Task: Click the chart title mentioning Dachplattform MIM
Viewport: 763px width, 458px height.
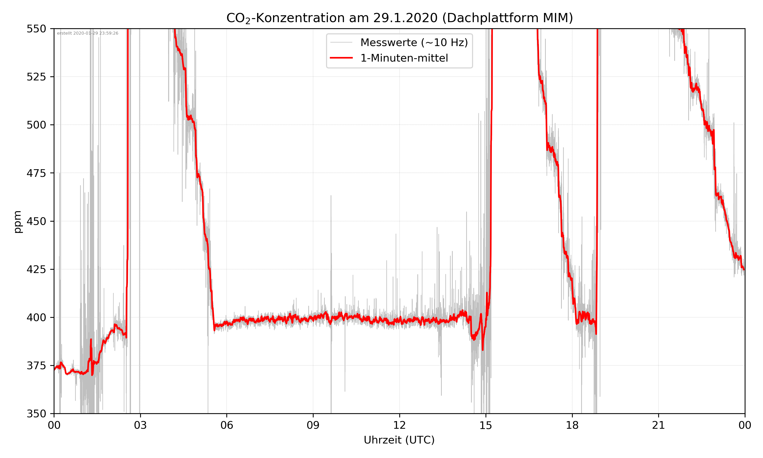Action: [x=399, y=18]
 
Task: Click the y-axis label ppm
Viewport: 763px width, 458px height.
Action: [x=18, y=222]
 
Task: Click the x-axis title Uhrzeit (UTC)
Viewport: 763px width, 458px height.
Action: [x=399, y=440]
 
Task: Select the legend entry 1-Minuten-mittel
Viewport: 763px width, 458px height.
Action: [x=404, y=58]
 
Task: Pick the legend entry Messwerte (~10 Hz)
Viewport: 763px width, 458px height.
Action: [x=414, y=42]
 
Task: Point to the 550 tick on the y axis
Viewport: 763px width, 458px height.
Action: [x=36, y=29]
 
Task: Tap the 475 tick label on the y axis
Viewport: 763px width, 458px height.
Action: [x=36, y=173]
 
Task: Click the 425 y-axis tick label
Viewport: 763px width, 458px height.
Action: [x=36, y=269]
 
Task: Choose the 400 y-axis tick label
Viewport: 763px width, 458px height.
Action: [x=36, y=318]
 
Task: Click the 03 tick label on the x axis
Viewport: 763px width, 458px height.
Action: [x=140, y=425]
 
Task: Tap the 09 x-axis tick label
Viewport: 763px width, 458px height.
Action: [x=313, y=425]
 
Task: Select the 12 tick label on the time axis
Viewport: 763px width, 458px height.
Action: [x=399, y=425]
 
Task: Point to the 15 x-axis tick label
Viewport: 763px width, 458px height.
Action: [x=486, y=425]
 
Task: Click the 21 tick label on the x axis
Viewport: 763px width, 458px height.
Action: [x=658, y=425]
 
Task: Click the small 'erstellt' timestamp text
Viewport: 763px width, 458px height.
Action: [x=87, y=33]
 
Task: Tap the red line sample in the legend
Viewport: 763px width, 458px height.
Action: [x=341, y=58]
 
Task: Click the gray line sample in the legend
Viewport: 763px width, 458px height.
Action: [x=341, y=42]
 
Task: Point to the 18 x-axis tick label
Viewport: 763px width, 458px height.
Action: [x=572, y=425]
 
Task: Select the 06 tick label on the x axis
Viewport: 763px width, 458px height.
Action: [x=227, y=425]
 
